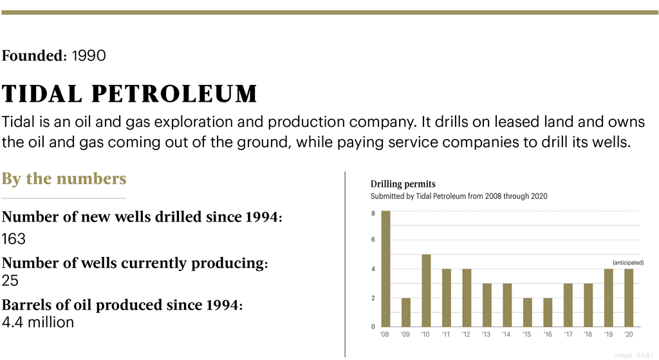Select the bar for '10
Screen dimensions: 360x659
tap(426, 290)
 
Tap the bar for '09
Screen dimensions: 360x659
tap(405, 312)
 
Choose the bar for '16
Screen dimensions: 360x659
tap(548, 312)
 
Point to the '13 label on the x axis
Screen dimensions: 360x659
tap(487, 335)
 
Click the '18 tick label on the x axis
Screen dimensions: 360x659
tap(588, 335)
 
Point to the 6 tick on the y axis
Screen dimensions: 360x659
tap(373, 240)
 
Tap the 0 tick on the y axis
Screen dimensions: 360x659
tap(373, 327)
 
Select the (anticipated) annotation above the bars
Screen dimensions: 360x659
tap(627, 263)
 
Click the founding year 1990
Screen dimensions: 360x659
tap(89, 56)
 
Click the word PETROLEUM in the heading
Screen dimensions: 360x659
tap(174, 95)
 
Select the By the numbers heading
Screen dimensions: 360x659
tap(64, 178)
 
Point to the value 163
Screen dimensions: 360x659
tap(14, 239)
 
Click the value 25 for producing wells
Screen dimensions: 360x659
tap(10, 280)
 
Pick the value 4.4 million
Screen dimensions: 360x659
tap(38, 321)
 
